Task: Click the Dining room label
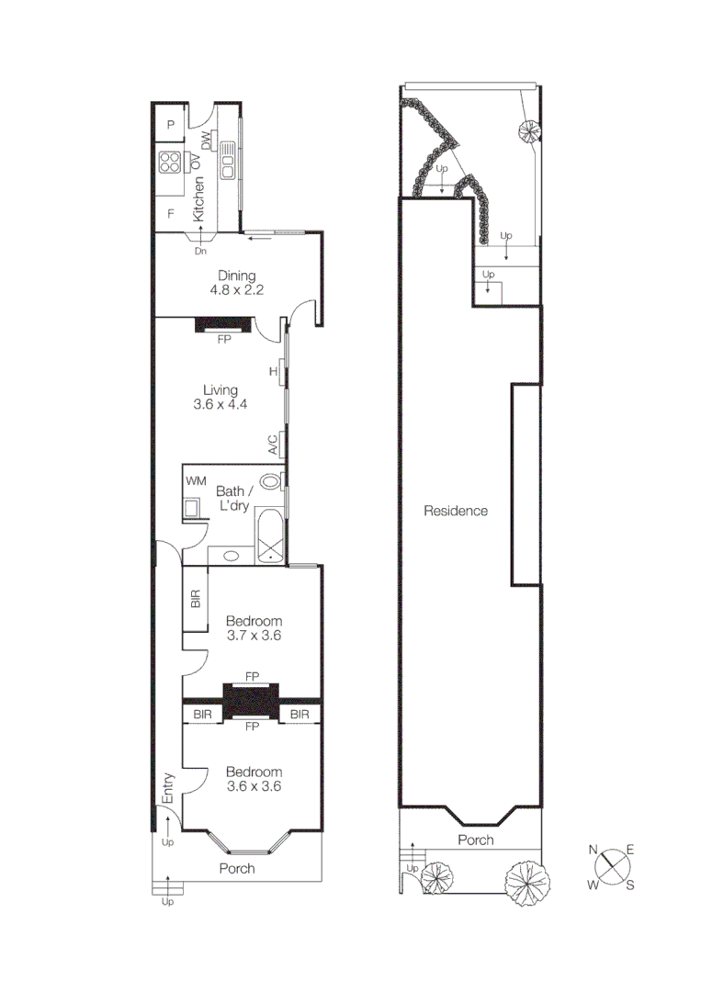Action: pyautogui.click(x=236, y=276)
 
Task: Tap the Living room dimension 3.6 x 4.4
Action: pyautogui.click(x=220, y=403)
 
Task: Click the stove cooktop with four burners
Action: pyautogui.click(x=170, y=163)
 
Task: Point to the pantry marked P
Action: pyautogui.click(x=170, y=126)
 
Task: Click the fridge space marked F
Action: pyautogui.click(x=170, y=214)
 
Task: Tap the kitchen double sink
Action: pyautogui.click(x=227, y=162)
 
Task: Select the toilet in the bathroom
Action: pyautogui.click(x=271, y=482)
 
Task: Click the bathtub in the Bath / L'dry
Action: pyautogui.click(x=270, y=535)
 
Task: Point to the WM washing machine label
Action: pyautogui.click(x=196, y=480)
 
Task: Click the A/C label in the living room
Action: pyautogui.click(x=274, y=446)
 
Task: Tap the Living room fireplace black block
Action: pyautogui.click(x=223, y=324)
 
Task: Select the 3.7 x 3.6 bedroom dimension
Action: pyautogui.click(x=254, y=636)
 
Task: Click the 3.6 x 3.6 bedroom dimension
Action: pyautogui.click(x=254, y=786)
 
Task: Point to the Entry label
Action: pyautogui.click(x=168, y=789)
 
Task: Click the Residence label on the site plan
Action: pyautogui.click(x=456, y=511)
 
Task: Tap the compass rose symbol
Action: pyautogui.click(x=612, y=865)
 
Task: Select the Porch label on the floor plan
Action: pyautogui.click(x=237, y=868)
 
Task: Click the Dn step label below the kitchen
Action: pyautogui.click(x=200, y=250)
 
